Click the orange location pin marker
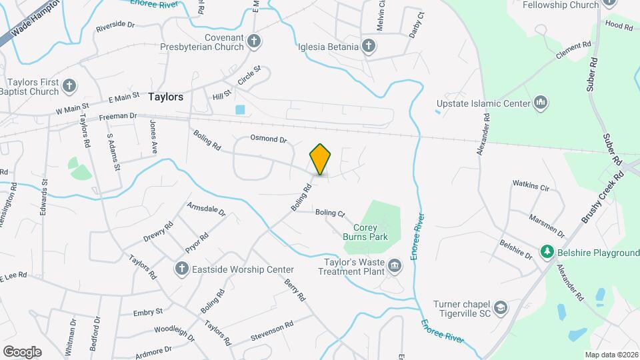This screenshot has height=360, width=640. [321, 159]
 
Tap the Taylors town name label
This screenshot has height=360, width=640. [165, 97]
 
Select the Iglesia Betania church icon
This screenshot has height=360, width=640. [369, 46]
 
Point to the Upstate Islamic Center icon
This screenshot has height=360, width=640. [541, 103]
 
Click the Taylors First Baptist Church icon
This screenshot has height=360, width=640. [69, 86]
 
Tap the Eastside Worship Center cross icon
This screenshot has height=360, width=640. [181, 269]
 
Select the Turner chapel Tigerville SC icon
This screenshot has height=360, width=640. [501, 309]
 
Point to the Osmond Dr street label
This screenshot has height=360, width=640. [268, 139]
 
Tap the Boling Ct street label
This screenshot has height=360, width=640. [330, 213]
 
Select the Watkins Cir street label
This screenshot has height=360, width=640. [531, 185]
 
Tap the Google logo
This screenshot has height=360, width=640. [22, 351]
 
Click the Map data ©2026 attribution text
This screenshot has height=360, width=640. [611, 355]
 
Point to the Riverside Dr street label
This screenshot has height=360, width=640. [115, 28]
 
